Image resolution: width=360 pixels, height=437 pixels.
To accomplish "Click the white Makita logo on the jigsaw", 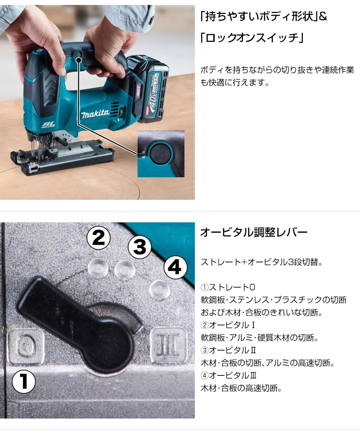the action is point(95,113).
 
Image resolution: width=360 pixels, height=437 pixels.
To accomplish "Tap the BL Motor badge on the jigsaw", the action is point(49,124).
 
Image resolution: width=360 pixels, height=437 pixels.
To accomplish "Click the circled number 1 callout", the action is point(24,381).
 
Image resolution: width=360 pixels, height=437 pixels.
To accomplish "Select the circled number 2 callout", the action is point(99,238).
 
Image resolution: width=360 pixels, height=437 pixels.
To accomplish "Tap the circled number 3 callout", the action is point(139,247).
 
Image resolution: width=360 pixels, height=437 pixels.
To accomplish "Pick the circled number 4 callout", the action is point(175,267).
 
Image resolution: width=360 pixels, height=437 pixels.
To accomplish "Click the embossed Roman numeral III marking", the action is point(168,346).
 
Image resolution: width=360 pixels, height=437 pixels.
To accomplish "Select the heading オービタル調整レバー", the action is point(253,232).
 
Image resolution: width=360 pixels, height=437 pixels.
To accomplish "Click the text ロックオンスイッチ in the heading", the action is point(252,38).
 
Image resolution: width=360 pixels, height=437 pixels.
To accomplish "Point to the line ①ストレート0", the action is point(228,287).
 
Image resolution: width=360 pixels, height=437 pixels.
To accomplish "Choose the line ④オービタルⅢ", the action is point(229,375).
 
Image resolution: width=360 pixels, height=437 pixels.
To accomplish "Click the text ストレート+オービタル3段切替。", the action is point(261,262).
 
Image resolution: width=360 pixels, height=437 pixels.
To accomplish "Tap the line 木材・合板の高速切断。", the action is point(241,388).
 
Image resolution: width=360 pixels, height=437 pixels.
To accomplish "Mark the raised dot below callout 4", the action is point(159,290).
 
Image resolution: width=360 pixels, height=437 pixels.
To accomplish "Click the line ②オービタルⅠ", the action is point(228,325).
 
